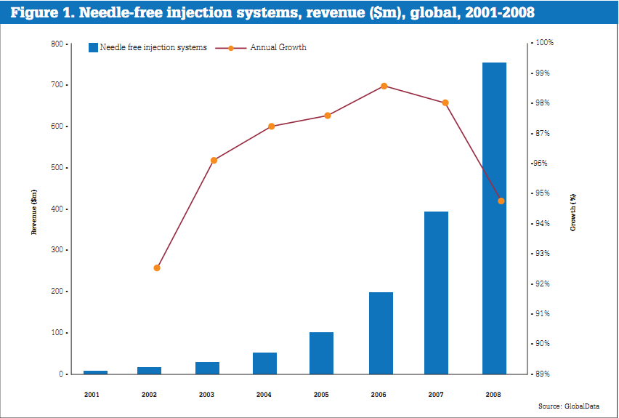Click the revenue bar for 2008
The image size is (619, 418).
click(494, 218)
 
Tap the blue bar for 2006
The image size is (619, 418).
click(381, 333)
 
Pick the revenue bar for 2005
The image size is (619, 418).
click(321, 353)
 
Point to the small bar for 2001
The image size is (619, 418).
click(95, 372)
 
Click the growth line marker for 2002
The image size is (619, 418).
click(157, 268)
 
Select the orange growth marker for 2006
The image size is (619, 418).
click(384, 86)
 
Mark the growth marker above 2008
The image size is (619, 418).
click(501, 201)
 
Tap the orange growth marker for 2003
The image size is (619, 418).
click(214, 160)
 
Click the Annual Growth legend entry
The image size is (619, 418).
click(278, 48)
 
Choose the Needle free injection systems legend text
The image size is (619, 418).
click(153, 48)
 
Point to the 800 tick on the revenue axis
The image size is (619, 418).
click(56, 44)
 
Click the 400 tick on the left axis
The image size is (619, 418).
click(56, 209)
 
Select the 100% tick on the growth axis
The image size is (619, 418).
click(544, 43)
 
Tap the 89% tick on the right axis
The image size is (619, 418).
click(544, 374)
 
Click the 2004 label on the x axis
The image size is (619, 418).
click(264, 394)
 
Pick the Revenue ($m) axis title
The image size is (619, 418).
click(34, 211)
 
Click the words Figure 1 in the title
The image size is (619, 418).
click(41, 12)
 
